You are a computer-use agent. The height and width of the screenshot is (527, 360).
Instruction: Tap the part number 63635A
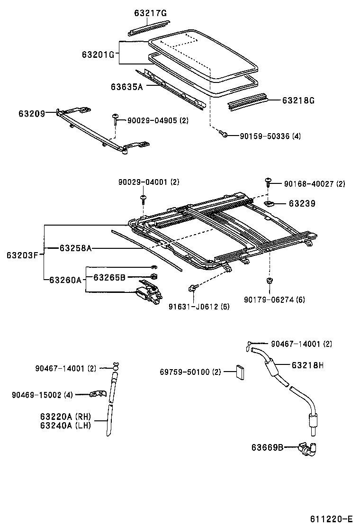[126, 87]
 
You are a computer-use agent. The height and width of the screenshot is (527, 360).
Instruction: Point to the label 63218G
[298, 100]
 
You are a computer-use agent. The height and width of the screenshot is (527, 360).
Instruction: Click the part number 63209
[32, 113]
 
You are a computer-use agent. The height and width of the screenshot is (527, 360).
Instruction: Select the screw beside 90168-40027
[269, 182]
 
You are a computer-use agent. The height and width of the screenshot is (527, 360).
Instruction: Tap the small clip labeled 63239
[270, 204]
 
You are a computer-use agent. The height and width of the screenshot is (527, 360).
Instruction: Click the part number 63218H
[307, 365]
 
